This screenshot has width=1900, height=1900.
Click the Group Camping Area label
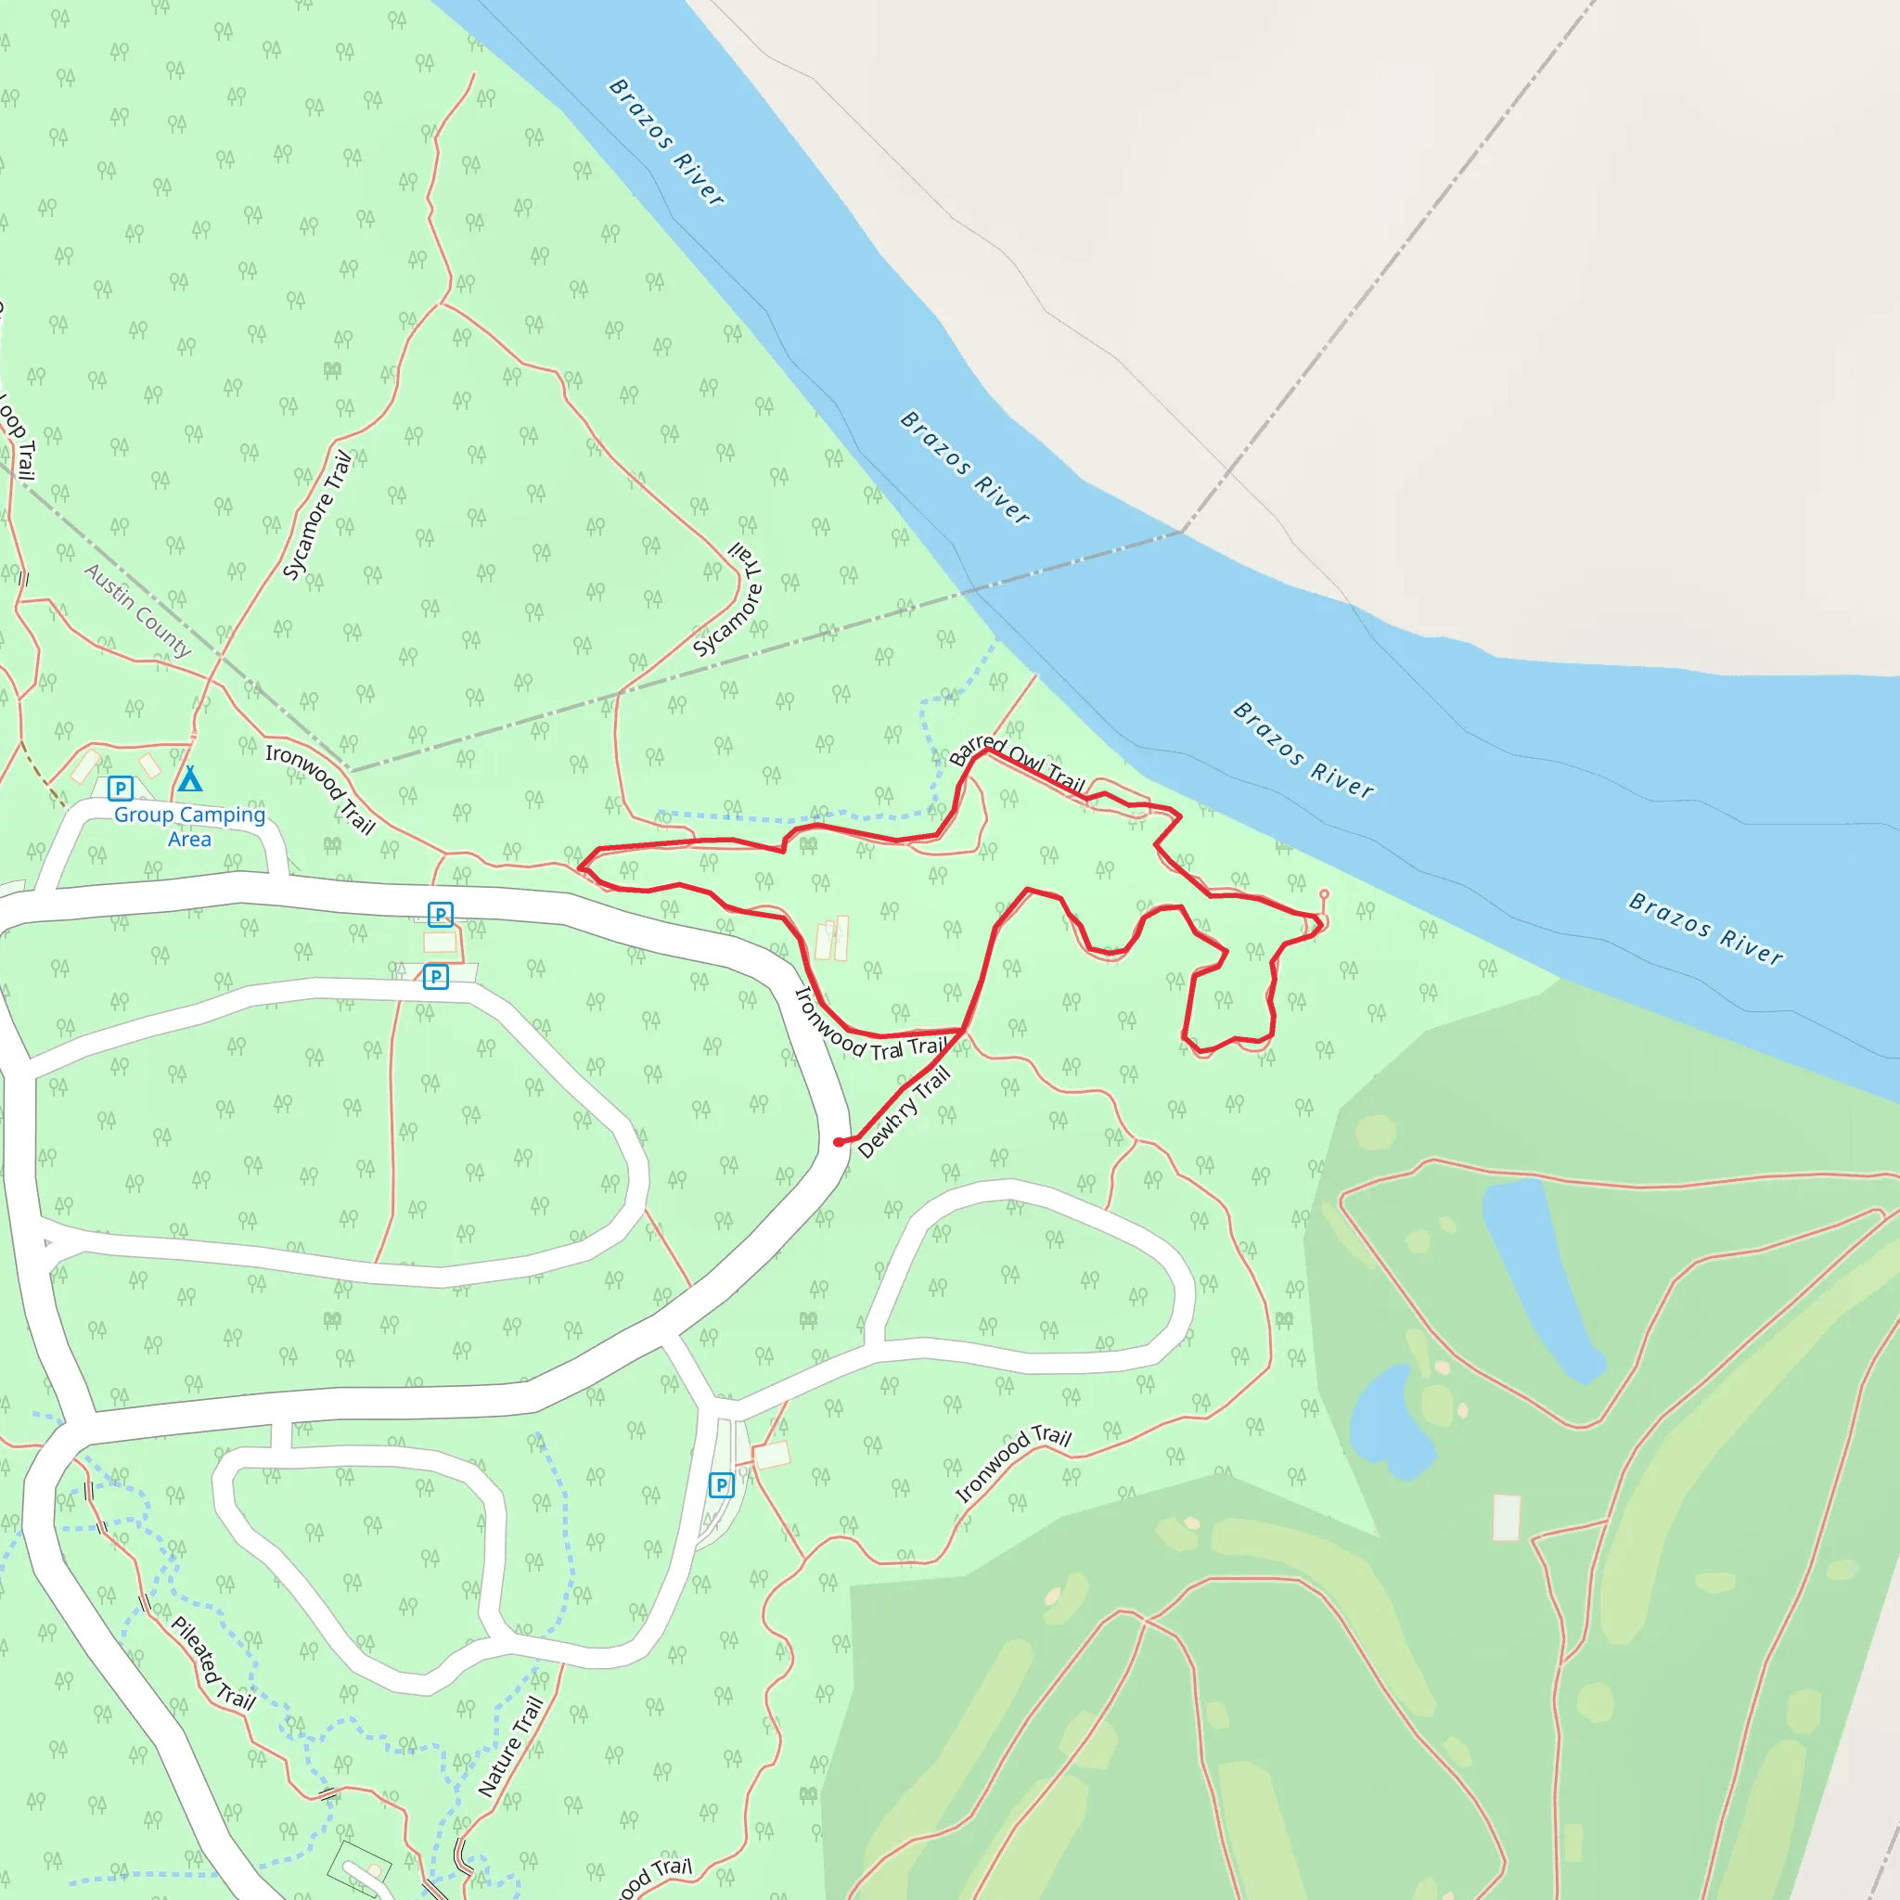[190, 826]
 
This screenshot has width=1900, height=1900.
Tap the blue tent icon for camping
[190, 779]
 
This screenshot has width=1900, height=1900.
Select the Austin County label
[137, 610]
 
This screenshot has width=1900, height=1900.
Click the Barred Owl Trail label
[1017, 764]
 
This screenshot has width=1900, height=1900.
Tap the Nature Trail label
[510, 1746]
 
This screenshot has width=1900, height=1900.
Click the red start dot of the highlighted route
[838, 1142]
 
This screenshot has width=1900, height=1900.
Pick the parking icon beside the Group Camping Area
[120, 788]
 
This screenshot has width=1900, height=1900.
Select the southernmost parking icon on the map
[721, 1485]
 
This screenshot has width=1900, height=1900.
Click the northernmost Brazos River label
[667, 142]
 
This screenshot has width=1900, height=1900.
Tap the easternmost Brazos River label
[1705, 929]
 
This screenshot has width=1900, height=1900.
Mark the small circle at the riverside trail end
[1324, 894]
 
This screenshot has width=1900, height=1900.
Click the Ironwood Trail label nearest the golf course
[1013, 1463]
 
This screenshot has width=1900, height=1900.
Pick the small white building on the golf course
[1507, 1518]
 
